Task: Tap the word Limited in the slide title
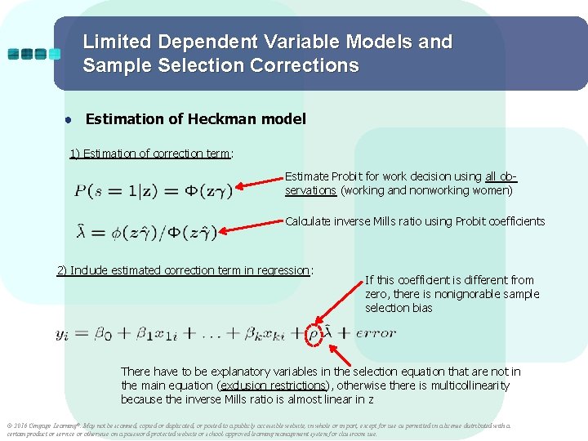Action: click(x=116, y=42)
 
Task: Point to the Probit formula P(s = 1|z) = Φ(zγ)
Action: click(x=154, y=191)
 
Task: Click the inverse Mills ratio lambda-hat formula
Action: click(x=146, y=233)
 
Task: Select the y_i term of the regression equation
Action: click(x=62, y=333)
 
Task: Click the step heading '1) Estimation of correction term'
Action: click(x=150, y=154)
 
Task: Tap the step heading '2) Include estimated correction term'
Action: click(x=185, y=270)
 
